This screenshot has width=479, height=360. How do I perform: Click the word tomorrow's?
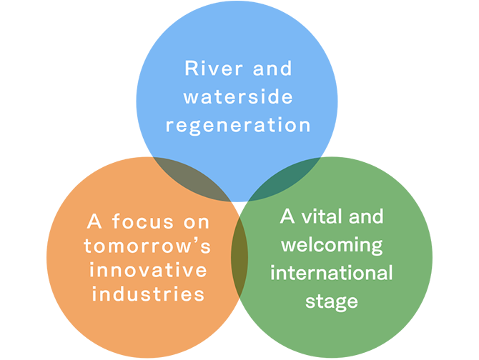[147, 246]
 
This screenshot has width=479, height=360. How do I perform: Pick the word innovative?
[147, 271]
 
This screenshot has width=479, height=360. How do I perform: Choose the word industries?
[147, 294]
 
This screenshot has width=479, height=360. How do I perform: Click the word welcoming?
[332, 245]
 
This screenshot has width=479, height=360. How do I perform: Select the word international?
[332, 273]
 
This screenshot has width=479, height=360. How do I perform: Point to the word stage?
[332, 301]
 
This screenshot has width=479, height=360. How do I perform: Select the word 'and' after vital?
[364, 216]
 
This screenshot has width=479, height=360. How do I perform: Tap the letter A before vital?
[288, 216]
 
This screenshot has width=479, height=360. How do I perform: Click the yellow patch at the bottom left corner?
[61, 343]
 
